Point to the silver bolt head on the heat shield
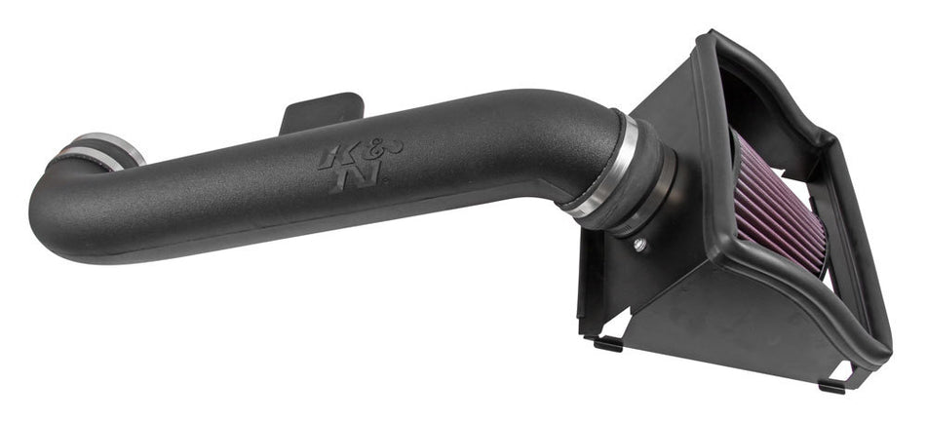(x=638, y=243)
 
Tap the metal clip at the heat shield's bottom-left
(x=606, y=342)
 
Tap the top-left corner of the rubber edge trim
(x=711, y=41)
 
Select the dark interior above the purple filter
(x=770, y=107)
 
